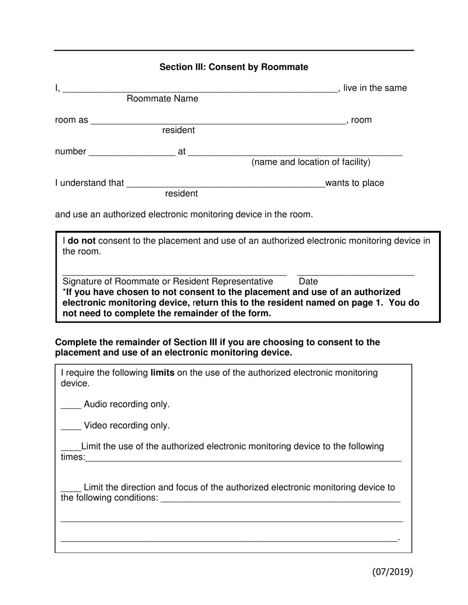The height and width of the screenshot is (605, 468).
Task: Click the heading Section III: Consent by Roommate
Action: (234, 67)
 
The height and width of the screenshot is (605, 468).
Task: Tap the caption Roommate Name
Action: (162, 99)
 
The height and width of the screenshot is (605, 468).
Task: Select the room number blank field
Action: (132, 154)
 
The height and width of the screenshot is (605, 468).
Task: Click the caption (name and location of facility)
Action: (311, 162)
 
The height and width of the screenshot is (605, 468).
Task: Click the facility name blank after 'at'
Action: (296, 154)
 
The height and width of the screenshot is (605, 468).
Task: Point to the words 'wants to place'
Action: (355, 183)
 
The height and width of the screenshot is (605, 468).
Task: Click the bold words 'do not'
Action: (81, 241)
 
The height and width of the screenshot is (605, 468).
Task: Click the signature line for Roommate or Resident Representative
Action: (174, 274)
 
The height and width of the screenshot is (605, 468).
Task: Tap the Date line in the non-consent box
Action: (355, 274)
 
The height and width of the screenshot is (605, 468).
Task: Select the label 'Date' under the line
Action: (308, 281)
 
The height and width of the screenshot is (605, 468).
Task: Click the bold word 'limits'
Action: (162, 373)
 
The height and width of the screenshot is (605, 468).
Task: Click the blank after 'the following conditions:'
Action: (280, 500)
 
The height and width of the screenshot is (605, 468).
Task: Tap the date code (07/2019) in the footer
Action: (392, 572)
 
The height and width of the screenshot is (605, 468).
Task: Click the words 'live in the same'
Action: (375, 89)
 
